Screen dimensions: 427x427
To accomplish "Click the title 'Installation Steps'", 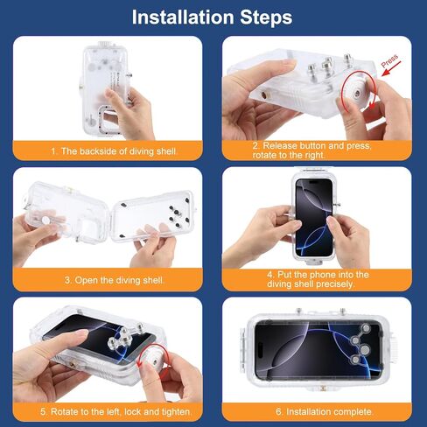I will pos(213,17).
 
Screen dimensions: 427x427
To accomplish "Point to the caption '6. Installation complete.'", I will pos(320,411).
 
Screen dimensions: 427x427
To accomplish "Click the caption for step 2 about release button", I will pos(320,150).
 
